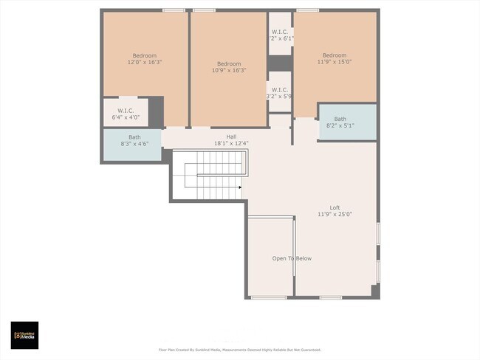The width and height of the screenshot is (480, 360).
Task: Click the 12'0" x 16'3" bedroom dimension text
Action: point(145,63)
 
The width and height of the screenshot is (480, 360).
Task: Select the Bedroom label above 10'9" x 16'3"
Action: point(229,63)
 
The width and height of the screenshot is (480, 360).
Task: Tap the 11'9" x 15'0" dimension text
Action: point(334,63)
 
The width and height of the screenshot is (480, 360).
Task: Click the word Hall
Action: point(231,136)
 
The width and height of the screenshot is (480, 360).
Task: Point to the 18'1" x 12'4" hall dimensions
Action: point(231,143)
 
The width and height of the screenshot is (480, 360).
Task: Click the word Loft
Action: point(335,207)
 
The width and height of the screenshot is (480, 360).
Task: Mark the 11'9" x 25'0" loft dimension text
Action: point(335,215)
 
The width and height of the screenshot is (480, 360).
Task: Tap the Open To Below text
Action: point(292,258)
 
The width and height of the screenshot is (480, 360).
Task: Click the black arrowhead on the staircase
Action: point(240,187)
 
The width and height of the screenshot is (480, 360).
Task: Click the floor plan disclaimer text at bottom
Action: point(239,350)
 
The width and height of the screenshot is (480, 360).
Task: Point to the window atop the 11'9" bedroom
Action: point(307,10)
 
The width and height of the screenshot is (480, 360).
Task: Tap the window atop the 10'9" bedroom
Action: point(204,10)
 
